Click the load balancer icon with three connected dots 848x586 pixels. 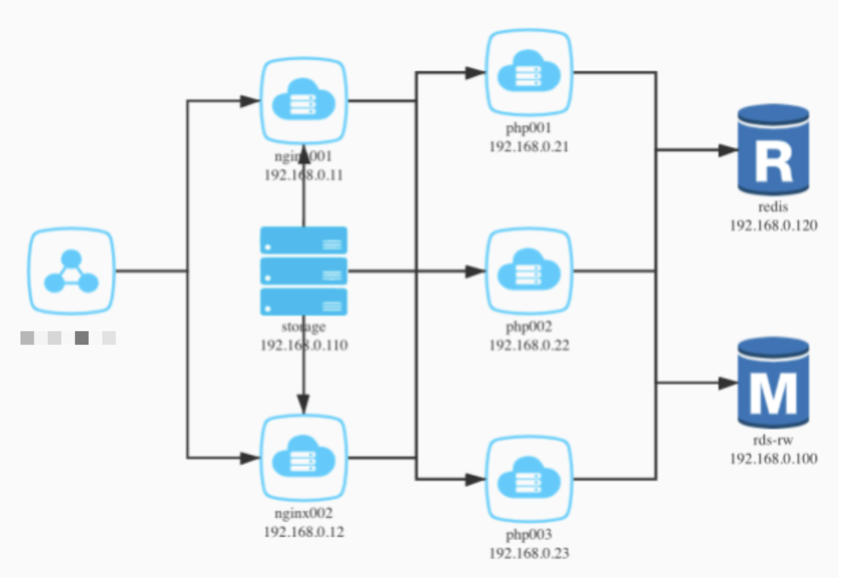(72, 271)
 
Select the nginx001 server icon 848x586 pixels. (303, 102)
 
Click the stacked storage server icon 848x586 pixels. (303, 271)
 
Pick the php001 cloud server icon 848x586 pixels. (529, 73)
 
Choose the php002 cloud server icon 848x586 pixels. (529, 271)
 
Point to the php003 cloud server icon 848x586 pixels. (529, 480)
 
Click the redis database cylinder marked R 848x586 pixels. (773, 150)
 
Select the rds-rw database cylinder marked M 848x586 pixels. (773, 384)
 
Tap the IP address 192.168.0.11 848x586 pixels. (303, 175)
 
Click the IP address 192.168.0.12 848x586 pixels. (303, 531)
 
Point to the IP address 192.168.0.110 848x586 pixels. (303, 345)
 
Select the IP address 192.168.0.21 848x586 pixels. (529, 146)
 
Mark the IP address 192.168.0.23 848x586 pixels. (529, 553)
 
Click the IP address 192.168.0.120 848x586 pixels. (773, 226)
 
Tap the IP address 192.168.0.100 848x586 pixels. (773, 459)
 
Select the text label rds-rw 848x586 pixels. (773, 441)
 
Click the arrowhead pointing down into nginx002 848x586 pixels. (303, 403)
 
